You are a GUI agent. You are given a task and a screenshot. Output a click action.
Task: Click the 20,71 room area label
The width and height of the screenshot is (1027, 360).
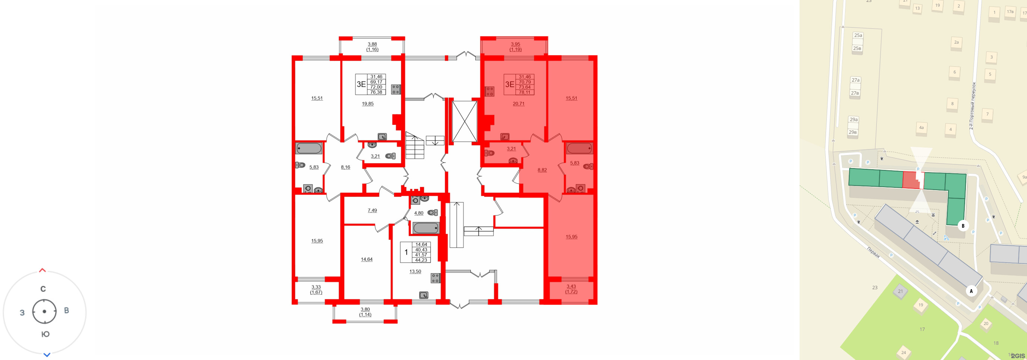coord(518,104)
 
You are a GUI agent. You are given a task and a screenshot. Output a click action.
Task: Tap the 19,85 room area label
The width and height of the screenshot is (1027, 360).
coord(368,104)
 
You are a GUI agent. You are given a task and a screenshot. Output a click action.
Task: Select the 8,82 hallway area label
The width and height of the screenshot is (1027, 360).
coord(542,170)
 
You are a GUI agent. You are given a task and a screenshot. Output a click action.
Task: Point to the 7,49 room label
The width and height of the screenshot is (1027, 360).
coord(372,210)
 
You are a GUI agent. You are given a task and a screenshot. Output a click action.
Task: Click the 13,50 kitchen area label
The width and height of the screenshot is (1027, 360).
coord(415,272)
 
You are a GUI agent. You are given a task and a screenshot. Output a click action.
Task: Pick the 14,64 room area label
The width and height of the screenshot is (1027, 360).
coord(366,259)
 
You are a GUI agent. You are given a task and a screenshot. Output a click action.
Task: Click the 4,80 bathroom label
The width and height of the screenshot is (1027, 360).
coord(419,213)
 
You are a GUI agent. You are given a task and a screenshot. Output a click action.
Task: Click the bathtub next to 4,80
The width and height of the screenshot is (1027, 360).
coord(426,228)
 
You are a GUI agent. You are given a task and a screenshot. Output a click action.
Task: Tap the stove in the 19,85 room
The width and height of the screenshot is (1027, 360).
coord(396,89)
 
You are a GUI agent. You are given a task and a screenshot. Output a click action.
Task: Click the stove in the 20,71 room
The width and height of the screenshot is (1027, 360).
coord(489,91)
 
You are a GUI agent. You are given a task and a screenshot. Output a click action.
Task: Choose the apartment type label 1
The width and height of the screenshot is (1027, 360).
coord(406,252)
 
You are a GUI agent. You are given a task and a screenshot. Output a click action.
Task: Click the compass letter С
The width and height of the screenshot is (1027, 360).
coord(43,289)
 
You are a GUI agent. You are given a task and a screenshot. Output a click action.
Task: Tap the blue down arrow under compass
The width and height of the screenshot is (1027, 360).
coord(47,354)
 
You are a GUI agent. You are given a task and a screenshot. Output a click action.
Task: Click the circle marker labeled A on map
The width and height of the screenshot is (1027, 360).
coord(971,291)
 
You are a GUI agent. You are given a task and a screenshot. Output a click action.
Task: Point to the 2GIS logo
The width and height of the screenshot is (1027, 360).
coord(1017,356)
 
